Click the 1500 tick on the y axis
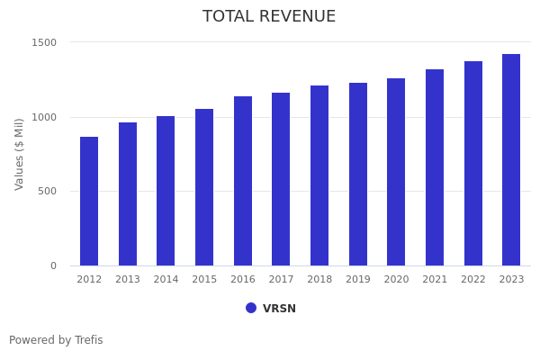[45, 42]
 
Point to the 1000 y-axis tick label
[45, 117]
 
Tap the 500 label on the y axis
[48, 191]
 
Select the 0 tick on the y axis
[53, 265]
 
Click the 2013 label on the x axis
[128, 280]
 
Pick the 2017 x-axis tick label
[281, 280]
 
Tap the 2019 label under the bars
[358, 280]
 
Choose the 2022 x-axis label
[473, 280]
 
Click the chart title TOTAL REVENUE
[269, 17]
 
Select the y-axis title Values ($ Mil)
[20, 153]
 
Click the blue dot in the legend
[251, 308]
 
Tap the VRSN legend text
[279, 309]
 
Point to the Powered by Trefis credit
[56, 340]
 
